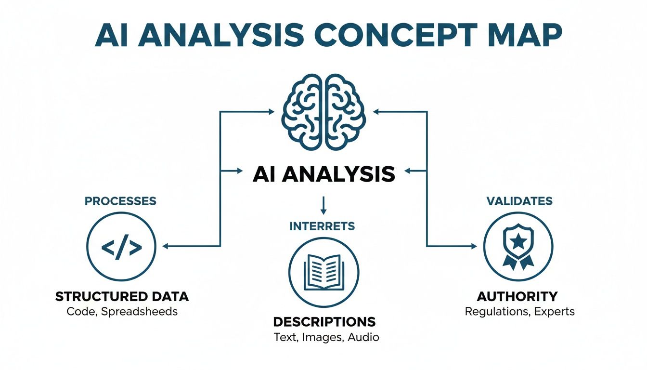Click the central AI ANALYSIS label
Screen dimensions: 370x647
click(323, 174)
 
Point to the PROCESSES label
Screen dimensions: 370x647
click(120, 201)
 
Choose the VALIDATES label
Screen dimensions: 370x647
click(519, 200)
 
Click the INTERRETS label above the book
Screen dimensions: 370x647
click(323, 225)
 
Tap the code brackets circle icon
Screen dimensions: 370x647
click(121, 247)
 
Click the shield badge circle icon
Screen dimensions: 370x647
click(518, 246)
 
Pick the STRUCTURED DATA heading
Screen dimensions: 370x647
click(122, 296)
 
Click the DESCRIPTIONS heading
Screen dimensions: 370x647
click(324, 321)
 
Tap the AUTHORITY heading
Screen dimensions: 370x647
click(517, 296)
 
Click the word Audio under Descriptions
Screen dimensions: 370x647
click(364, 337)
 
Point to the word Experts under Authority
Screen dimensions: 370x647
click(554, 311)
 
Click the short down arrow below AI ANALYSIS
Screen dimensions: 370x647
click(323, 205)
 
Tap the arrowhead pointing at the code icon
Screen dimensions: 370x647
click(165, 247)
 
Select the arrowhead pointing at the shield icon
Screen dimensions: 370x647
click(473, 246)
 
